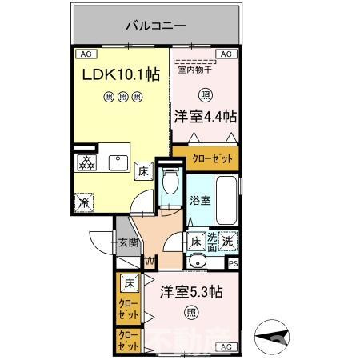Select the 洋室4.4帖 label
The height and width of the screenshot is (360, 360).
coord(206,116)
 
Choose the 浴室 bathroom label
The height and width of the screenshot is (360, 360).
coord(200,201)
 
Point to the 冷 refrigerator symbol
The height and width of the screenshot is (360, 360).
coord(84,202)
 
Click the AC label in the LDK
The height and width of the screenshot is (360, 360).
coord(85,55)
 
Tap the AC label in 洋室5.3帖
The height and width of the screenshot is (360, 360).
coord(226,346)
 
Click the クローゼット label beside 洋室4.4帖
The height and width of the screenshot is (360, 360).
coord(212,159)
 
